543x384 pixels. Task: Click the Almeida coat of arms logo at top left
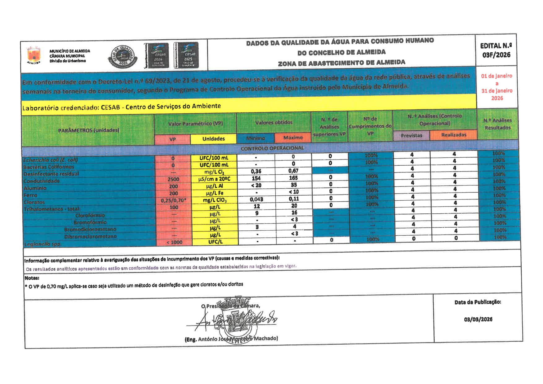pos(33,55)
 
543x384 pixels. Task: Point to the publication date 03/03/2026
pos(478,319)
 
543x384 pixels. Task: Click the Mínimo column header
pos(255,138)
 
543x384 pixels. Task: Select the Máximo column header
pos(293,137)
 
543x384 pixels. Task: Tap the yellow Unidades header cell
pos(213,139)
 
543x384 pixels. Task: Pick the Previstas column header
pos(411,135)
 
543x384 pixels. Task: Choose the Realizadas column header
pos(454,135)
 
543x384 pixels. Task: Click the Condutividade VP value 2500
pos(173,179)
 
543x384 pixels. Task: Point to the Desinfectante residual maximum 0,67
pos(293,171)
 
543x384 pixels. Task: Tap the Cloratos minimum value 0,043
pos(256,199)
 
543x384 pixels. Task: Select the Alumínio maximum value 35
pos(294,185)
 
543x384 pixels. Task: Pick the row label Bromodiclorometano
pos(90,229)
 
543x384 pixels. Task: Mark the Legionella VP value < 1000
pos(174,242)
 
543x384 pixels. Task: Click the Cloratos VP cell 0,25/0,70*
pos(173,200)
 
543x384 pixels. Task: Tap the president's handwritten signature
pos(235,321)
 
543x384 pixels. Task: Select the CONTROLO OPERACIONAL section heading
pos(272,148)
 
